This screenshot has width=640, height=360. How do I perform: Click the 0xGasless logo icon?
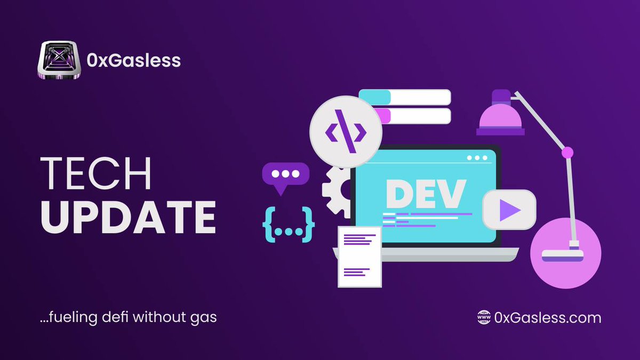pyautogui.click(x=59, y=61)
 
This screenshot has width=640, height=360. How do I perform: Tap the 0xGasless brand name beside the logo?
pyautogui.click(x=133, y=61)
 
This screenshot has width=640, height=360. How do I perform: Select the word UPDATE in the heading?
pyautogui.click(x=129, y=218)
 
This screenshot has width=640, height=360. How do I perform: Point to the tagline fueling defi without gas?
pyautogui.click(x=128, y=318)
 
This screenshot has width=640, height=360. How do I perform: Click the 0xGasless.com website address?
pyautogui.click(x=548, y=318)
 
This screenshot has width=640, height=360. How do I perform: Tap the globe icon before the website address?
pyautogui.click(x=483, y=318)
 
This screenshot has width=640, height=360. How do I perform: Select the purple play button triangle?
pyautogui.click(x=509, y=210)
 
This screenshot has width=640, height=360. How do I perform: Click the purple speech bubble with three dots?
pyautogui.click(x=285, y=175)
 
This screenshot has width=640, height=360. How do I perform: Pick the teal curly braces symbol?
pyautogui.click(x=289, y=225)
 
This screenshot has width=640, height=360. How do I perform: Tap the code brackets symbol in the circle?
pyautogui.click(x=346, y=131)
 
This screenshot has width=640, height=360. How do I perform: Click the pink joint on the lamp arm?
pyautogui.click(x=567, y=153)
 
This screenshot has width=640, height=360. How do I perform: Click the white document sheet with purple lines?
pyautogui.click(x=359, y=257)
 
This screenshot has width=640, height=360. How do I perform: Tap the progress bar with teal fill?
pyautogui.click(x=405, y=97)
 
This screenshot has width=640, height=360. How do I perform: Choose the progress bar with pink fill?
pyautogui.click(x=405, y=116)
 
